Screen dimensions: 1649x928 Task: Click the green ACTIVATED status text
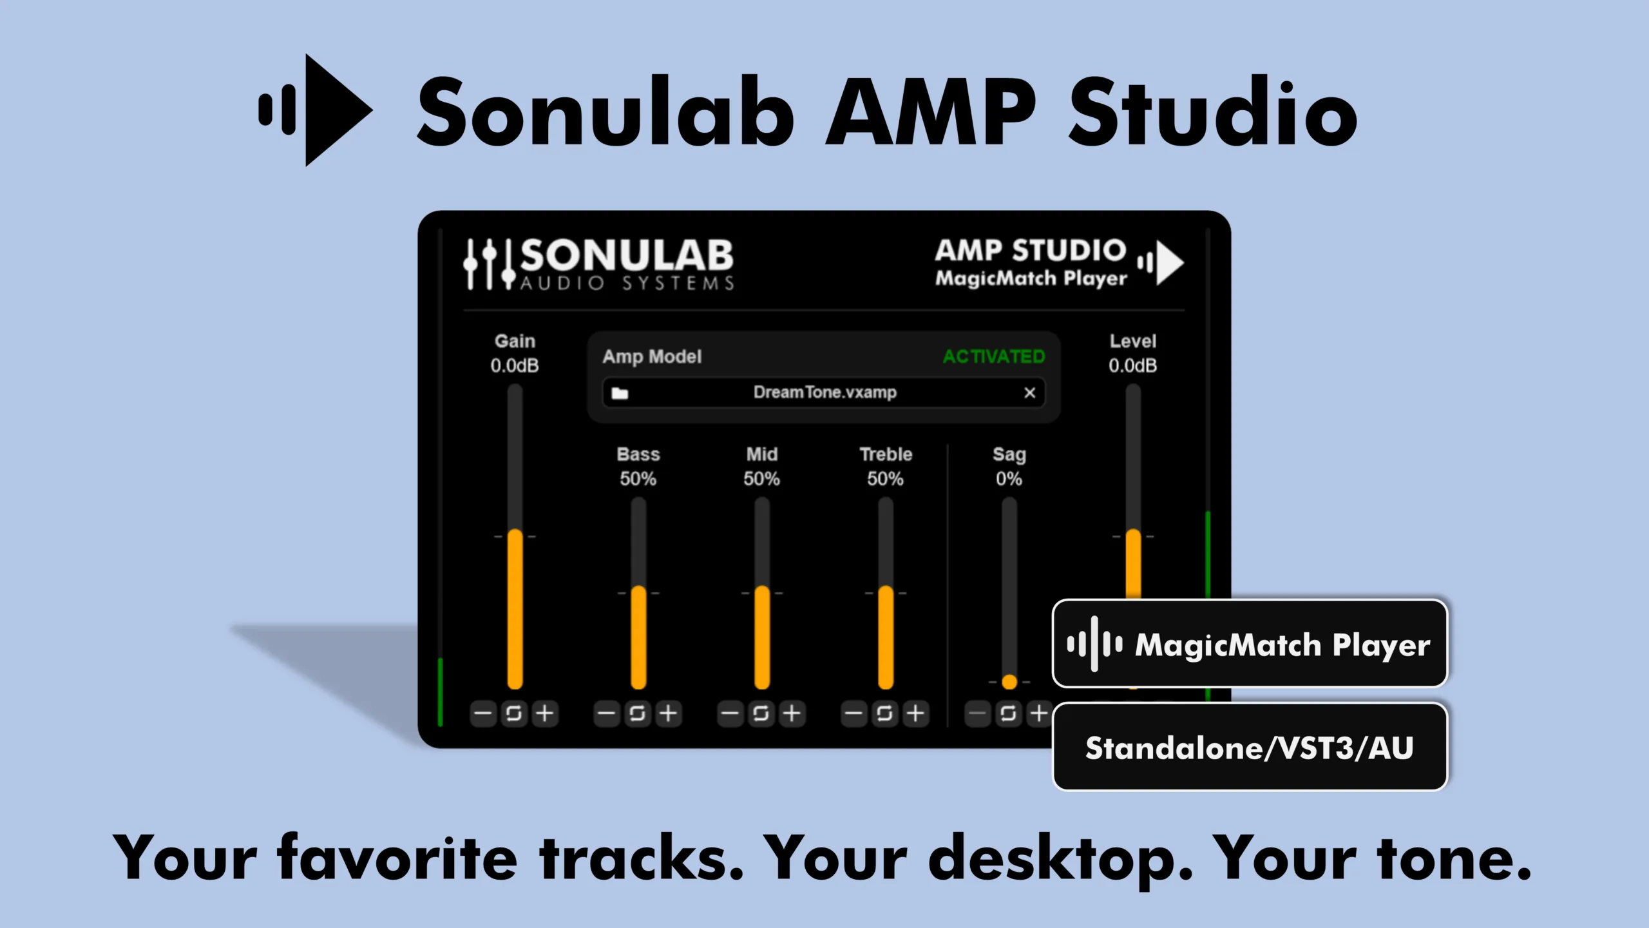point(994,356)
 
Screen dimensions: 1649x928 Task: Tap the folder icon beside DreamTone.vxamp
point(620,393)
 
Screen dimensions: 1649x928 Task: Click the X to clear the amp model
point(1030,392)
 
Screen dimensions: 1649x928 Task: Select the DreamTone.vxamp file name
point(825,392)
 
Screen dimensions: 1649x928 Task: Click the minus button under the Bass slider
point(607,713)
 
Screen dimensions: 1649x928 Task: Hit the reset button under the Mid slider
point(761,713)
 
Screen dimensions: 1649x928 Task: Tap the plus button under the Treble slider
point(915,713)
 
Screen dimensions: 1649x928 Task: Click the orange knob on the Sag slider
point(1009,682)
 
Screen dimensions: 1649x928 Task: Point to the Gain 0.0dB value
point(515,366)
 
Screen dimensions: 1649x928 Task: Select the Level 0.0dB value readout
point(1133,366)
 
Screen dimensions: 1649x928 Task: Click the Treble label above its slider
point(886,454)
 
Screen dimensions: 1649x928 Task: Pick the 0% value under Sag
point(1009,479)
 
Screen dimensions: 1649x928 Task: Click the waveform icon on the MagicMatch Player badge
point(1094,644)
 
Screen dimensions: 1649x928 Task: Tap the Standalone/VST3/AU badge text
point(1250,748)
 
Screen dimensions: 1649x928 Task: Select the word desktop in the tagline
point(1060,858)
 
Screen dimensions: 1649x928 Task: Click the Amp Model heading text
point(652,356)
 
